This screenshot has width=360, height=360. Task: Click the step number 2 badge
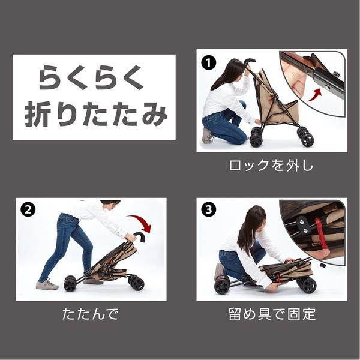click(x=28, y=209)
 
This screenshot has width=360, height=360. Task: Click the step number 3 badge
click(x=208, y=209)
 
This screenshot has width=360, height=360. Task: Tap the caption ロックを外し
click(x=271, y=166)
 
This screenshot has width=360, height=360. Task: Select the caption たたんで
click(x=90, y=314)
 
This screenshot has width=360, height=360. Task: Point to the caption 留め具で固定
click(x=271, y=314)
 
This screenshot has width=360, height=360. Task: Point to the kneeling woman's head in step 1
click(x=230, y=71)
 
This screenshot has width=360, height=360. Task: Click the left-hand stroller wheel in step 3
click(x=221, y=286)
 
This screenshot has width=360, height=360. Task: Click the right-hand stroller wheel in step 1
click(x=307, y=139)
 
